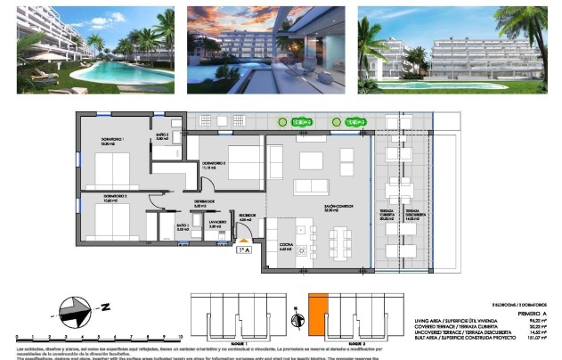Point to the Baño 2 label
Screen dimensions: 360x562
(162, 136)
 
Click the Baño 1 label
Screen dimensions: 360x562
(183, 227)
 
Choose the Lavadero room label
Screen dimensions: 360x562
(217, 225)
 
